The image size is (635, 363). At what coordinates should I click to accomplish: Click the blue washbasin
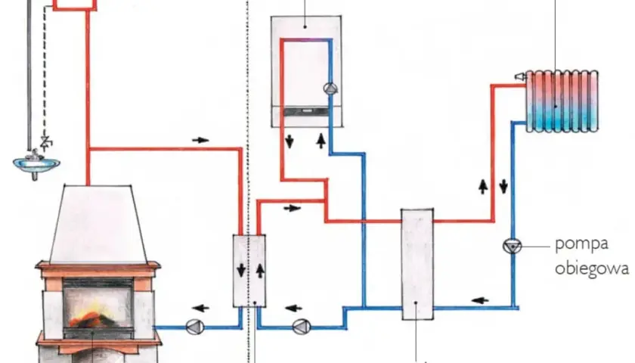pos(36,163)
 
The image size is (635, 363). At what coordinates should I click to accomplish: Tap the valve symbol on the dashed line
pos(46,142)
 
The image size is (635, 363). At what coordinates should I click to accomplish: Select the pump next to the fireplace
pos(194,327)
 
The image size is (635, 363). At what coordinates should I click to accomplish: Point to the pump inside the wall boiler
pos(330,88)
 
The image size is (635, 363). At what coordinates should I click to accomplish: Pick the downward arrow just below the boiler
pos(290,141)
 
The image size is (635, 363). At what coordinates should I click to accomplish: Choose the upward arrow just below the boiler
pos(321,140)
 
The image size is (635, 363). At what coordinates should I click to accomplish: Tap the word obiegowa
pos(592,269)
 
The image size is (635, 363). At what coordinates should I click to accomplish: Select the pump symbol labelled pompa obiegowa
pos(512,246)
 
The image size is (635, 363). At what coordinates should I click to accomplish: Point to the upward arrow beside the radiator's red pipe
pos(483,186)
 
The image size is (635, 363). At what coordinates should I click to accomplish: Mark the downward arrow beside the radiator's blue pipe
pos(503,186)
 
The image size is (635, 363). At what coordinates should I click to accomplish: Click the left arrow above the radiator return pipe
pos(480,300)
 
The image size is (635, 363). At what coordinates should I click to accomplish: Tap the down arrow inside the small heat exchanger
pos(241,270)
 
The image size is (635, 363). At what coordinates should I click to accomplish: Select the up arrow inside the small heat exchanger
pos(260,271)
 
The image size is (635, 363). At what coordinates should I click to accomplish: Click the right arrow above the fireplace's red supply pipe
pos(200,140)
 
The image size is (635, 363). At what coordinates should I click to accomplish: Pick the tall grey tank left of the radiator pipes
pos(417,264)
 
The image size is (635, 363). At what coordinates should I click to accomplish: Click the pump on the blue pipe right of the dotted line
pos(302,327)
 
